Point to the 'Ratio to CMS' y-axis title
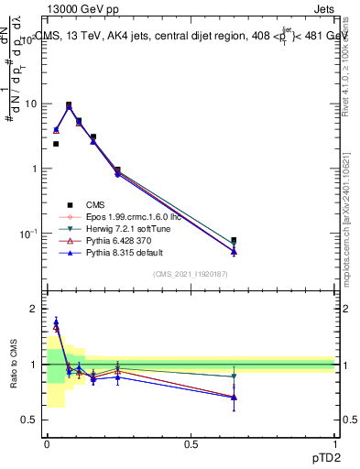click(12, 366)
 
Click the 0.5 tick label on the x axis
click(191, 444)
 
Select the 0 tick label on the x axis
click(47, 444)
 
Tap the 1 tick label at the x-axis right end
click(333, 444)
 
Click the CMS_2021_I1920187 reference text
click(191, 274)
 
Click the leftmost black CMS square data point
click(56, 144)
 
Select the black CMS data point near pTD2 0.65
click(234, 240)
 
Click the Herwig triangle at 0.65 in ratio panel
click(234, 376)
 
